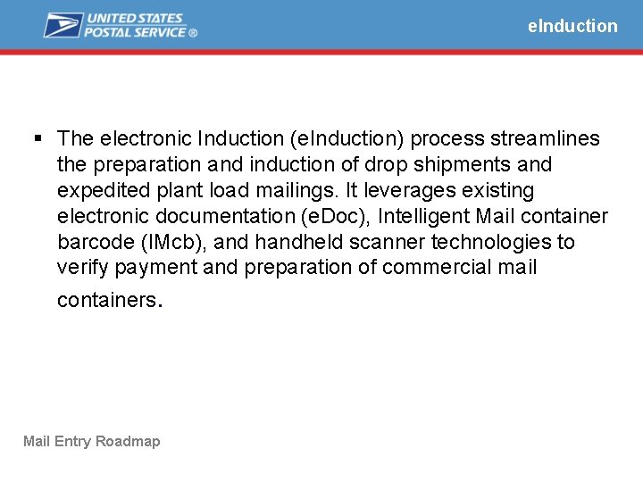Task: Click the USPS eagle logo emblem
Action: [x=63, y=25]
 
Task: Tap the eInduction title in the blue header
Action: [x=572, y=26]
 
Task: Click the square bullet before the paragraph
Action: [x=37, y=138]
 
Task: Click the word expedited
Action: [x=98, y=190]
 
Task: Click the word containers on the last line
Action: [x=106, y=300]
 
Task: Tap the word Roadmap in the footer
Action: [x=128, y=441]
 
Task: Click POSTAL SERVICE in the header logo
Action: [x=135, y=32]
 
